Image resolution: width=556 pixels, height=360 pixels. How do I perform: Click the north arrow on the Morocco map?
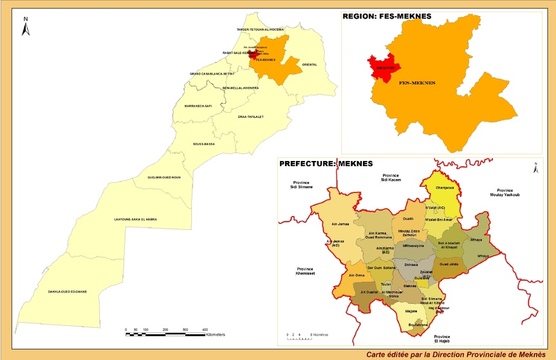25,26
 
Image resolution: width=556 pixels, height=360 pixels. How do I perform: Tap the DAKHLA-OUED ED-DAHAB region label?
68,291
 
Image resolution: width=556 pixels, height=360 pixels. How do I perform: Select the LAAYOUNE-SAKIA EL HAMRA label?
135,219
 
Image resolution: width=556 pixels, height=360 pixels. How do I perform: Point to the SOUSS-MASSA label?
204,144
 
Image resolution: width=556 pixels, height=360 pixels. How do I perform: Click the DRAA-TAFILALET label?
251,117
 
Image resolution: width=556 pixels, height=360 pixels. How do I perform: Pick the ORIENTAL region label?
310,64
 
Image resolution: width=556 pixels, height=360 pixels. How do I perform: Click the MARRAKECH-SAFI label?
198,106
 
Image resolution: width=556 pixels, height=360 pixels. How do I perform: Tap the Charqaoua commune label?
445,188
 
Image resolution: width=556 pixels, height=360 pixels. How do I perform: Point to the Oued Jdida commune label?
449,263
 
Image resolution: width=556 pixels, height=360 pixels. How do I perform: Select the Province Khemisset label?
300,270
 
